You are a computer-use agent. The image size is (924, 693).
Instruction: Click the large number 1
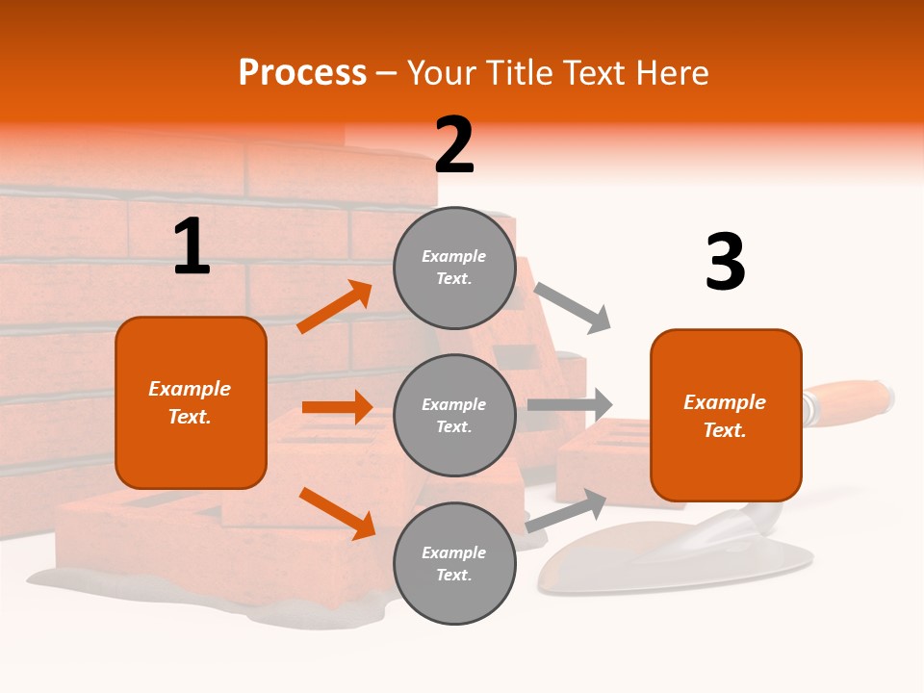coord(192,247)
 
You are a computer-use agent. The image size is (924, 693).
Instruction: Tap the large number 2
coord(454,146)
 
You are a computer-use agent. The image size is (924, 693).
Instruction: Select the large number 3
coord(725,263)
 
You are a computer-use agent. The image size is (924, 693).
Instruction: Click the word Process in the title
coord(302,72)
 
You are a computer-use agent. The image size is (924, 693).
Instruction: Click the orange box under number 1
coord(191,402)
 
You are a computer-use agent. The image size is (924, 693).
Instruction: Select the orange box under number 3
coord(726,416)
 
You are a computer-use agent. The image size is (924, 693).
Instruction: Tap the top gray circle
coord(453,268)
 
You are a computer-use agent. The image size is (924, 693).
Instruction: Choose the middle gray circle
coord(453,415)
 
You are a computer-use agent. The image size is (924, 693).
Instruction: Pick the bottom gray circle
coord(453,563)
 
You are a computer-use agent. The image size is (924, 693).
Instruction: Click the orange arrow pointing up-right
coord(335,307)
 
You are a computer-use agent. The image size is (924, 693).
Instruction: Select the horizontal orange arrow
coord(337,407)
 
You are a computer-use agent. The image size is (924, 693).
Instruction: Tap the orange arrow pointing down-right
coord(337,513)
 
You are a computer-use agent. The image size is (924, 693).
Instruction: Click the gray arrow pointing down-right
coord(573,308)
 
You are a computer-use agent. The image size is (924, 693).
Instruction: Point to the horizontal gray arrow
coord(570,404)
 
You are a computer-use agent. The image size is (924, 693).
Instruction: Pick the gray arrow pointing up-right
coord(567,510)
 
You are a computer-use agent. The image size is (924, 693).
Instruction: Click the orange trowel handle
coord(847,398)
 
